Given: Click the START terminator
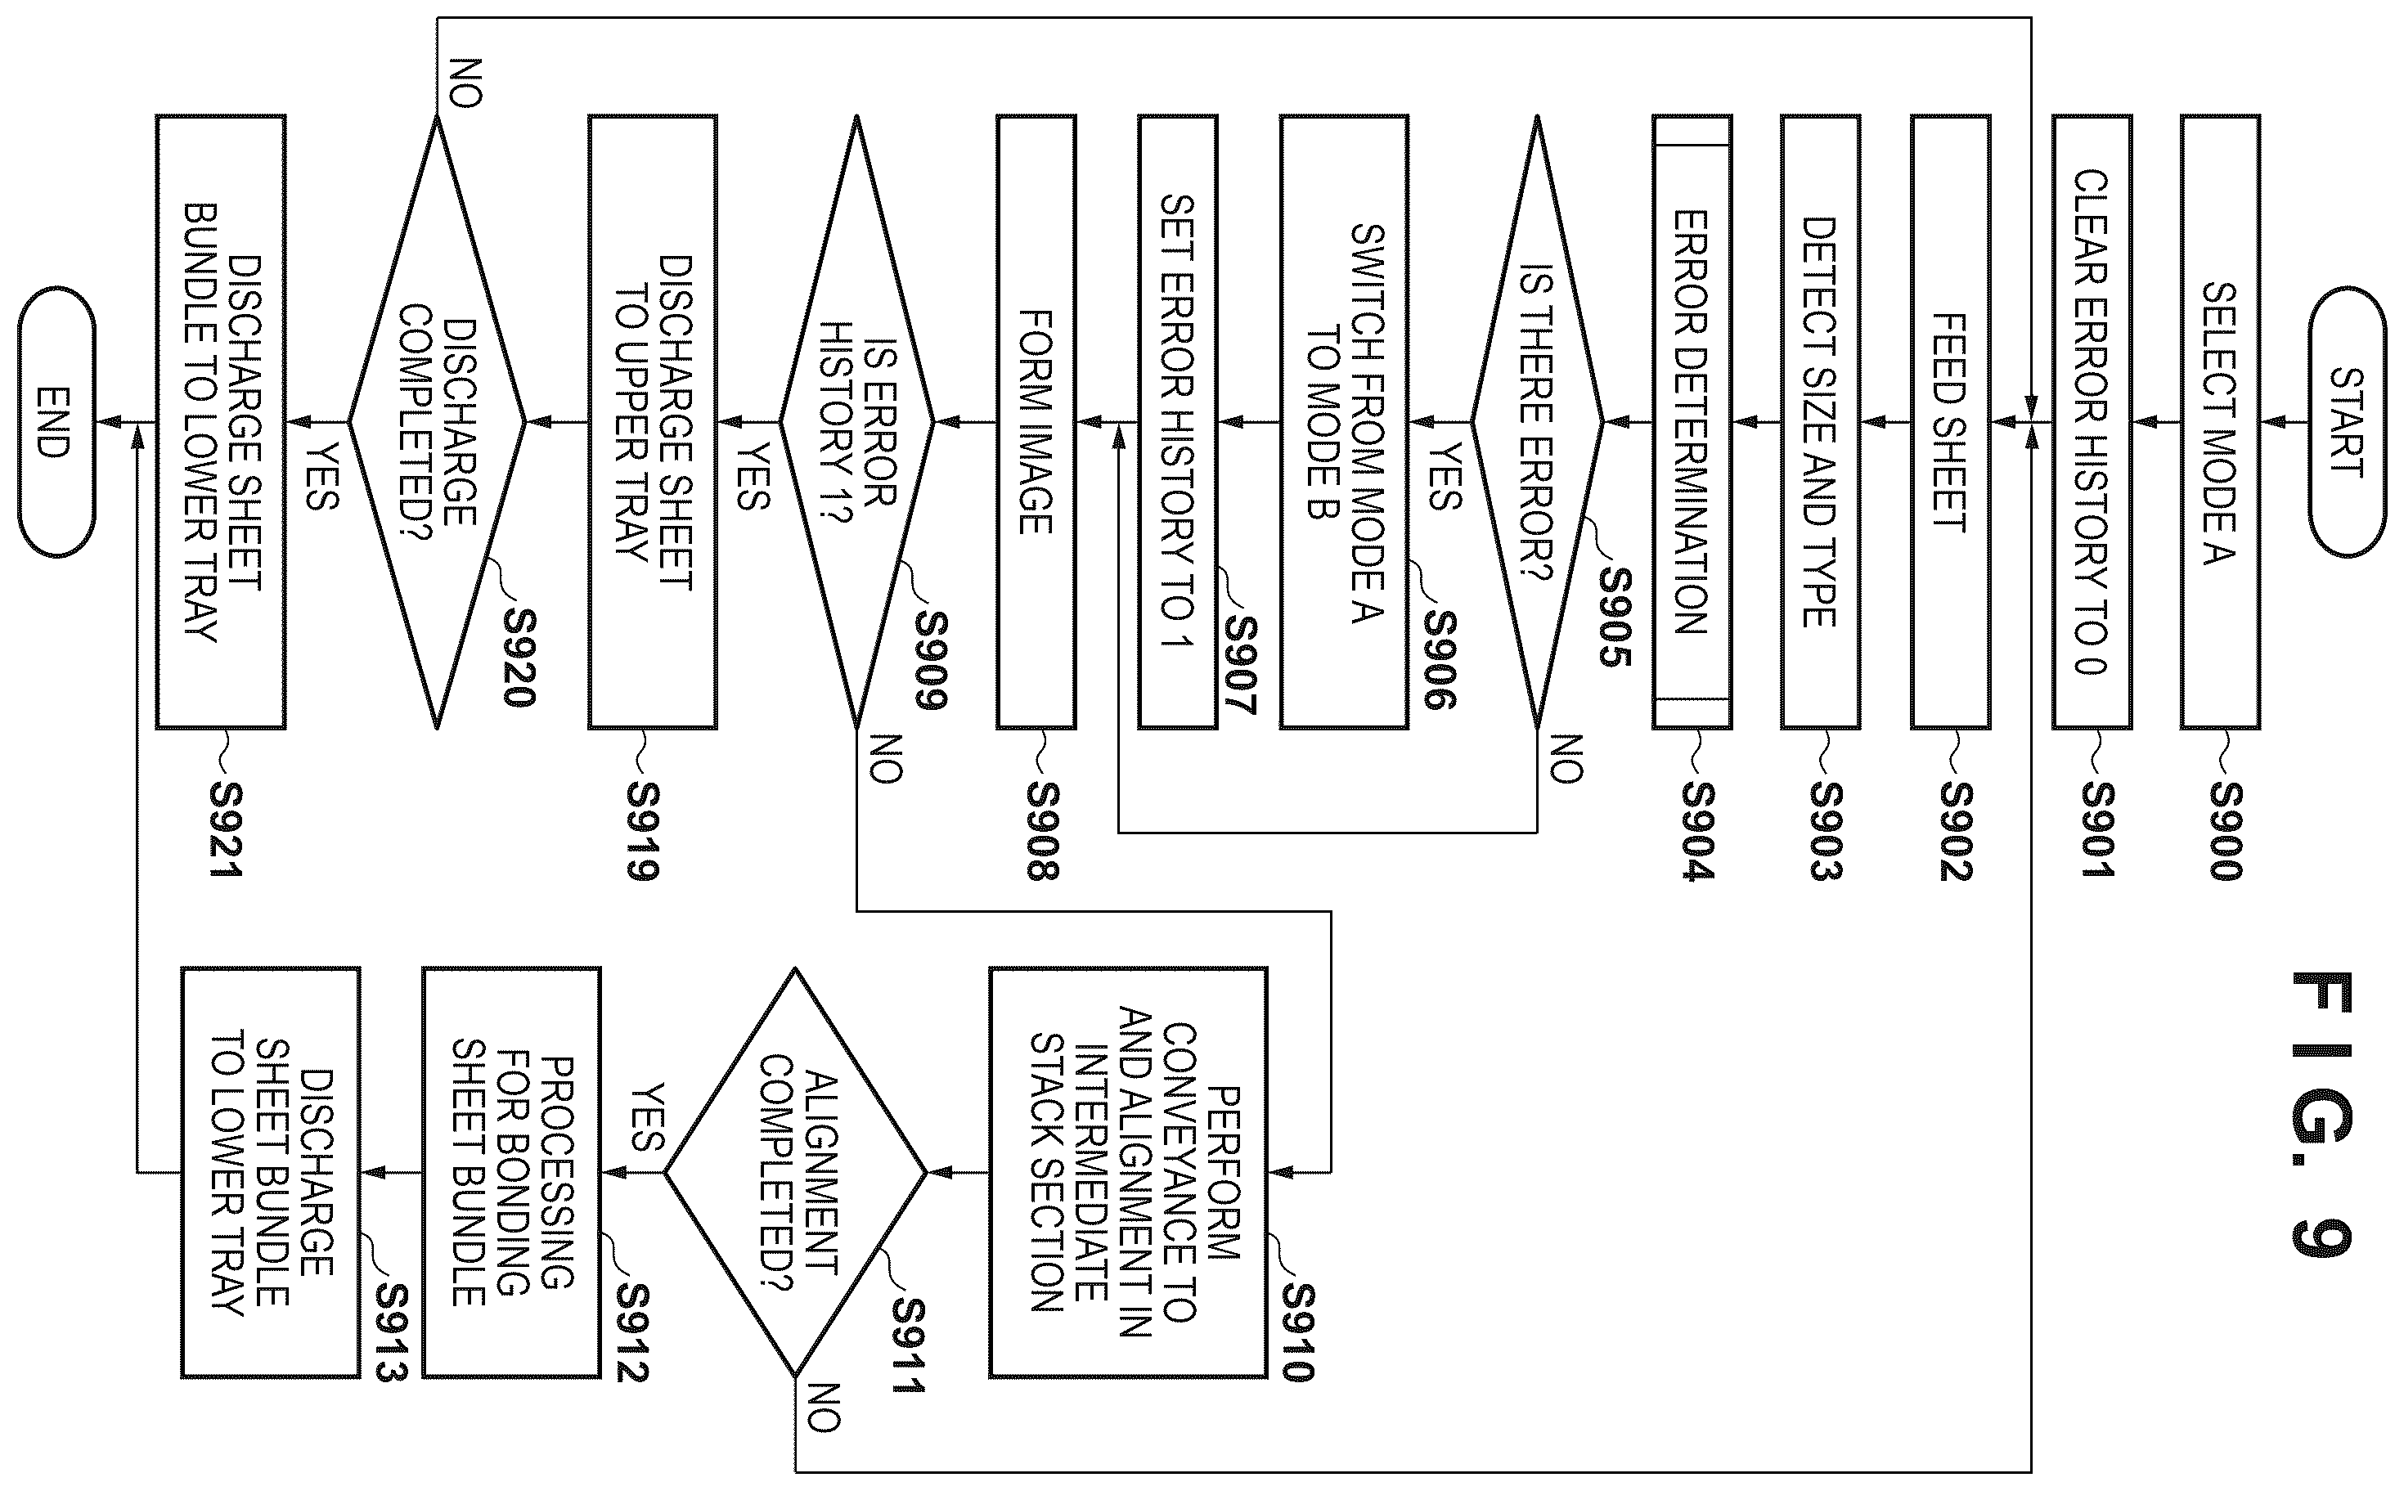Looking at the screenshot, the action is (x=2347, y=422).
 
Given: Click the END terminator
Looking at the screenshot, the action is (x=56, y=422).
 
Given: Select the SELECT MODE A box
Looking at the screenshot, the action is (x=2220, y=422).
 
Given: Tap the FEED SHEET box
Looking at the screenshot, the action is (x=1949, y=422).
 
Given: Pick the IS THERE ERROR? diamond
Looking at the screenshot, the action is (x=1536, y=422).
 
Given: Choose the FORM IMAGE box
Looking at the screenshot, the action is (x=1036, y=422).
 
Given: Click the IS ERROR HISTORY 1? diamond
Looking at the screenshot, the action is (x=856, y=422).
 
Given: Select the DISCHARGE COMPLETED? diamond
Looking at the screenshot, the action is (x=437, y=422).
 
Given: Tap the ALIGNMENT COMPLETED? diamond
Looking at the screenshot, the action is (x=795, y=1173).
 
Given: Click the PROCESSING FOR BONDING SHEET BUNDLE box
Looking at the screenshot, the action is (x=510, y=1173).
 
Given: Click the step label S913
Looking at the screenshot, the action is (x=390, y=1332).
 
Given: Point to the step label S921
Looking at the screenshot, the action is (x=226, y=830).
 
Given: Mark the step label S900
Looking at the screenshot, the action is (x=2226, y=830).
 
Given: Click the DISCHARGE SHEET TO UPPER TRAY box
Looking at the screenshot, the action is (x=652, y=422).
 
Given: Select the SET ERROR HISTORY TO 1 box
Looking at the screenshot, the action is (x=1177, y=422).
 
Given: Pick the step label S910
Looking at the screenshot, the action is (x=1297, y=1332).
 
